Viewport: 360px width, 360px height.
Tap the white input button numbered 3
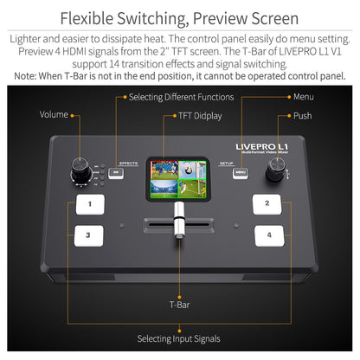tap(87, 235)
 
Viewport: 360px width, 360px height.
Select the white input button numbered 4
tap(269, 235)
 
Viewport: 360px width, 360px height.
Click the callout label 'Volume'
tap(54, 115)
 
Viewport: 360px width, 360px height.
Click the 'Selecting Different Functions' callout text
tap(181, 97)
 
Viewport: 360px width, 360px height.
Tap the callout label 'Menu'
tap(303, 97)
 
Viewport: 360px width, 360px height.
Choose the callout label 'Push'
tap(302, 115)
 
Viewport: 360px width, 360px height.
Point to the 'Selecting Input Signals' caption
tap(180, 338)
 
